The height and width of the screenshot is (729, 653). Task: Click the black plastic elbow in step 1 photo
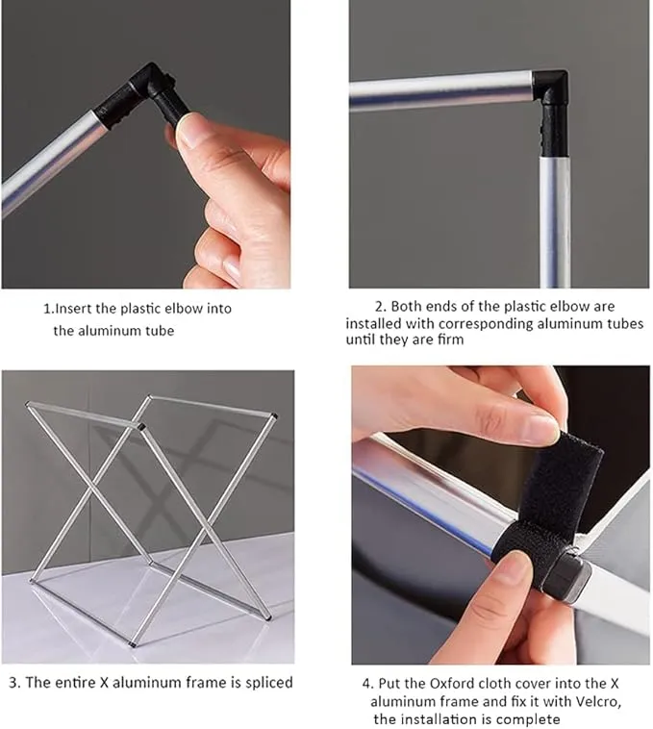144,95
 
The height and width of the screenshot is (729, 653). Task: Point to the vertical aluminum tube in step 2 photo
555,222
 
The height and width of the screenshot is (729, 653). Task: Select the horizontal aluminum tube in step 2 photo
440,90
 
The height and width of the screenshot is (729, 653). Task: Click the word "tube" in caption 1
160,331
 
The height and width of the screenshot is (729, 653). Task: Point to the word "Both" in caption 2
407,307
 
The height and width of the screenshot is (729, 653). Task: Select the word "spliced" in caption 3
269,683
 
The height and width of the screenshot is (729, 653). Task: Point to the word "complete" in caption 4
531,719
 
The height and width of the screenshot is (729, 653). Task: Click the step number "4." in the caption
367,684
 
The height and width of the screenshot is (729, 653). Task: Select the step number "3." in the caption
14,683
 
